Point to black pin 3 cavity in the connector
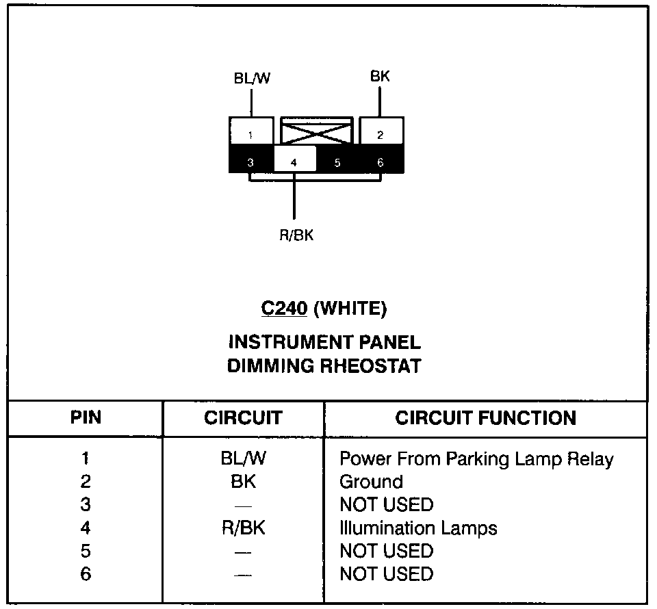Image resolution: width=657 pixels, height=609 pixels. (x=250, y=162)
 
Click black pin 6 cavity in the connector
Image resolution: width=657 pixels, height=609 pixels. (x=381, y=162)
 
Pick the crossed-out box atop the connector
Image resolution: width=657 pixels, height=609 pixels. (x=316, y=129)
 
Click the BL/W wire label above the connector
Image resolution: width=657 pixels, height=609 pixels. (x=252, y=78)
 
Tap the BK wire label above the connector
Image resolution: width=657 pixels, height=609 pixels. (x=380, y=76)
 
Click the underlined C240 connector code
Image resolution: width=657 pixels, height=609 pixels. (x=284, y=309)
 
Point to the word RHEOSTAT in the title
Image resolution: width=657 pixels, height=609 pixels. (x=370, y=366)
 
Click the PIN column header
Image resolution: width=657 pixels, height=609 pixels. (x=86, y=418)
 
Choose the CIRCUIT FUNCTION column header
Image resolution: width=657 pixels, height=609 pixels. (x=485, y=418)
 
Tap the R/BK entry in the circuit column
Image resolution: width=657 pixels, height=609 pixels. (x=243, y=528)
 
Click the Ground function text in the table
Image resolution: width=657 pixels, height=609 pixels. (x=371, y=482)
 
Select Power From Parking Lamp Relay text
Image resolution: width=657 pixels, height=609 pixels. (x=476, y=458)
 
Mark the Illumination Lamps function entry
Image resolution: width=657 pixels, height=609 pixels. (x=418, y=528)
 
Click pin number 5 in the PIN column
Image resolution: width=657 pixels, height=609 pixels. (x=86, y=552)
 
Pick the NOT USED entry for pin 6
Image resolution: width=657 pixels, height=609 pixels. (x=386, y=574)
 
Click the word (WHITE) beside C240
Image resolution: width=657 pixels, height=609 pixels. (x=350, y=309)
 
